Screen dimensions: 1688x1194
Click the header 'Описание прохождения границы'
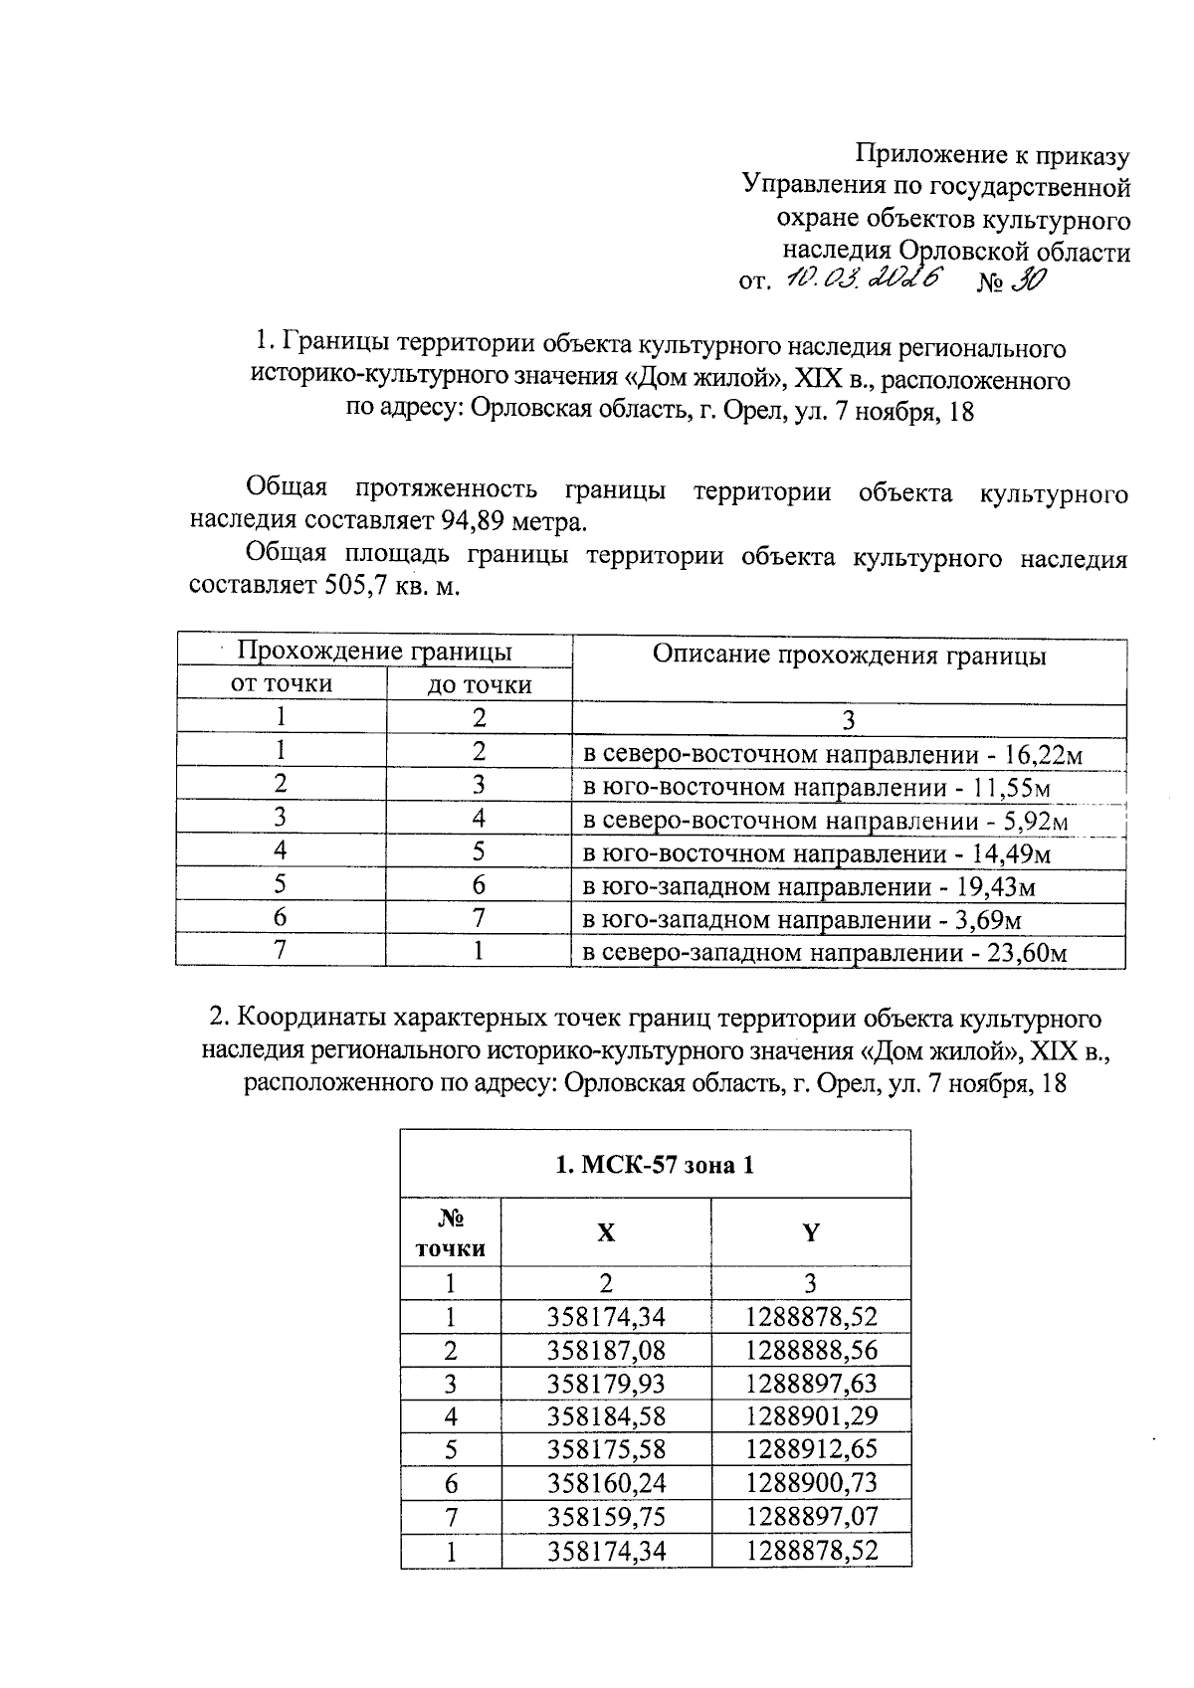[x=849, y=655]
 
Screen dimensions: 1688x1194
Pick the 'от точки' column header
[x=282, y=683]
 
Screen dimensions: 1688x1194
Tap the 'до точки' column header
[x=479, y=684]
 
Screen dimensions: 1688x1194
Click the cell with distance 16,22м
[x=832, y=754]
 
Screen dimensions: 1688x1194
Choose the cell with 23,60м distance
[x=824, y=953]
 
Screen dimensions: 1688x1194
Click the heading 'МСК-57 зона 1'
[x=655, y=1164]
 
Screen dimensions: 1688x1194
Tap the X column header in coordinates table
[x=605, y=1232]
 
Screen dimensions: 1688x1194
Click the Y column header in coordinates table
[x=811, y=1232]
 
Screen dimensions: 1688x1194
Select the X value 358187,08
[x=606, y=1351]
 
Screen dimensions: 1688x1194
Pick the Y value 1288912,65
[x=811, y=1449]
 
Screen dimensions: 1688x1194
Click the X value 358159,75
[x=606, y=1517]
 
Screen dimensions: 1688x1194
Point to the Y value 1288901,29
[x=811, y=1416]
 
